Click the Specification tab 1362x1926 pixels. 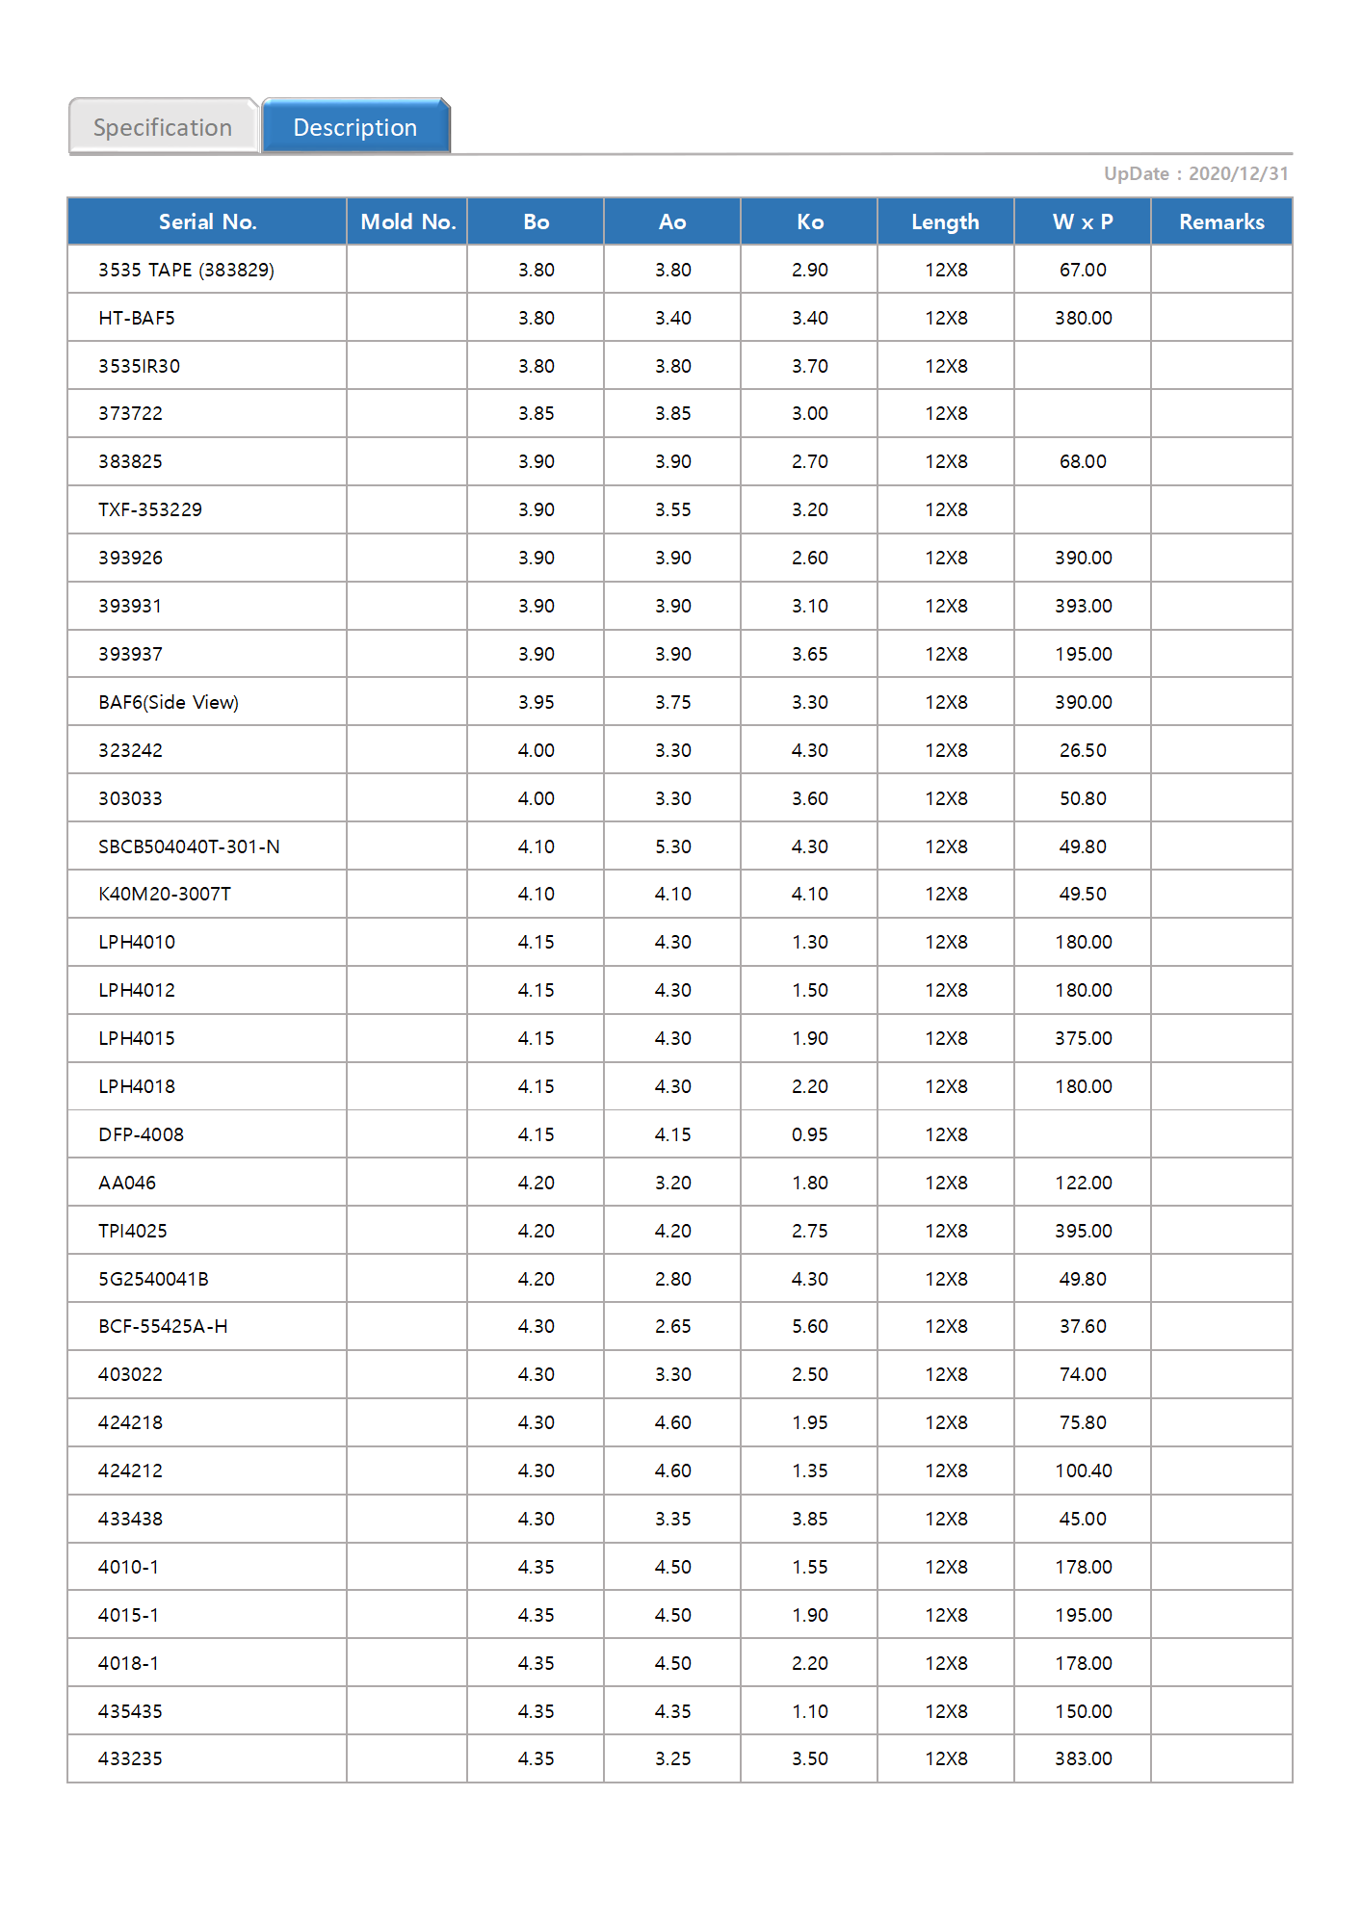click(x=163, y=127)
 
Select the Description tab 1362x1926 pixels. click(x=355, y=127)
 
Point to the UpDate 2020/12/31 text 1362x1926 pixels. click(x=1195, y=173)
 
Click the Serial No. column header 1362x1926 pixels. click(x=207, y=221)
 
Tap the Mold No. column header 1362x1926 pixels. click(x=407, y=221)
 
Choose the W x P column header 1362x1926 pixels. click(x=1083, y=221)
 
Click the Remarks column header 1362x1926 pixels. click(x=1221, y=221)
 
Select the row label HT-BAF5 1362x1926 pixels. click(x=137, y=318)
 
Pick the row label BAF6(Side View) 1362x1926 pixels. click(x=169, y=702)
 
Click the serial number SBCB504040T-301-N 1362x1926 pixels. click(x=189, y=846)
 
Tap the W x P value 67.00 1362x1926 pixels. click(x=1083, y=270)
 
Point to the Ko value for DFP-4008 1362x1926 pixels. click(x=810, y=1134)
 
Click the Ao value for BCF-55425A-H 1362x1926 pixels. click(x=673, y=1326)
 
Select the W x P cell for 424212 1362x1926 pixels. click(x=1083, y=1471)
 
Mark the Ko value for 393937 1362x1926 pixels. click(x=810, y=654)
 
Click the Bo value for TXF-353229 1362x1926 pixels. click(x=537, y=509)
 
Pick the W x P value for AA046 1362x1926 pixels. click(x=1083, y=1183)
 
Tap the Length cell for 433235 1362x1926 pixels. click(x=946, y=1758)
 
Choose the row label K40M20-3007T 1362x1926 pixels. click(x=165, y=894)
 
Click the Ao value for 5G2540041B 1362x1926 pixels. click(x=673, y=1279)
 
